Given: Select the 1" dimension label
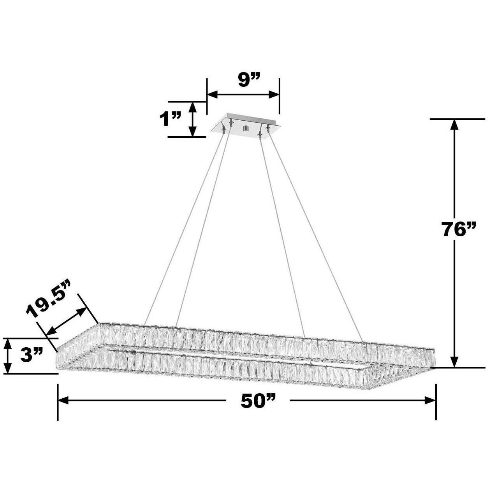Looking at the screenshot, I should (171, 119).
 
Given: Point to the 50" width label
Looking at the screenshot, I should (258, 401).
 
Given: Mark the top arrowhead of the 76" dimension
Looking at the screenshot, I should (454, 125).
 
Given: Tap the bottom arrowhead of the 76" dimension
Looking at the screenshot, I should (454, 362).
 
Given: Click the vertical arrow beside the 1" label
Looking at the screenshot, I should (192, 119).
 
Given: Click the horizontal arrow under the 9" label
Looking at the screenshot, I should (243, 95).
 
